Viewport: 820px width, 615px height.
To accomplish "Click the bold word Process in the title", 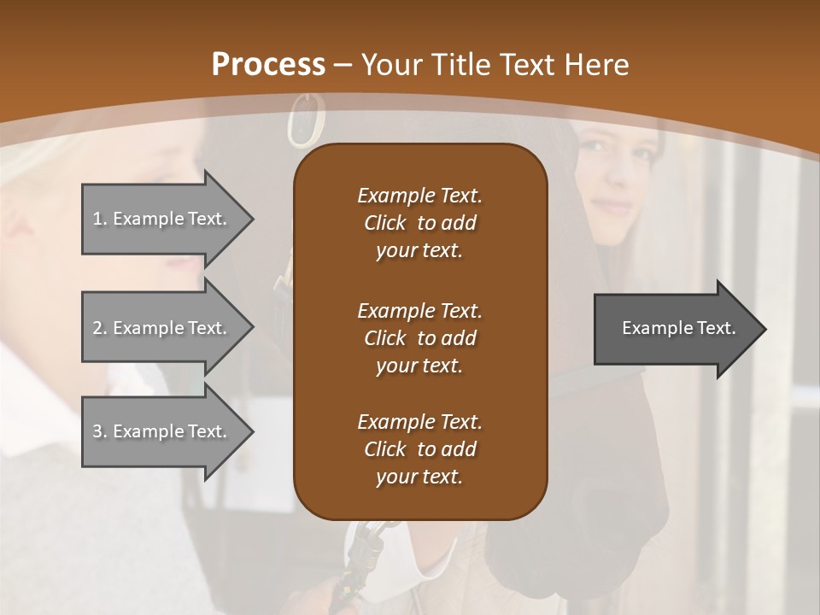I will [x=268, y=65].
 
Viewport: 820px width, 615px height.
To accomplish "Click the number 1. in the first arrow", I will [x=99, y=219].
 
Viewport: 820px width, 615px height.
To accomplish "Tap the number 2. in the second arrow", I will [x=99, y=328].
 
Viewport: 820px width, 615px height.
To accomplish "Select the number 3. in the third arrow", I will [x=99, y=431].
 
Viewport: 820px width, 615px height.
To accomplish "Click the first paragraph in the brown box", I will [x=419, y=223].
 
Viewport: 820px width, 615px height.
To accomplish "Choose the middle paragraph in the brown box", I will [x=419, y=338].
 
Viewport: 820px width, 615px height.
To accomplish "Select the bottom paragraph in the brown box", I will [x=419, y=449].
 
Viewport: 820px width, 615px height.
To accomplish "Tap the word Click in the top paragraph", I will [x=385, y=223].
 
